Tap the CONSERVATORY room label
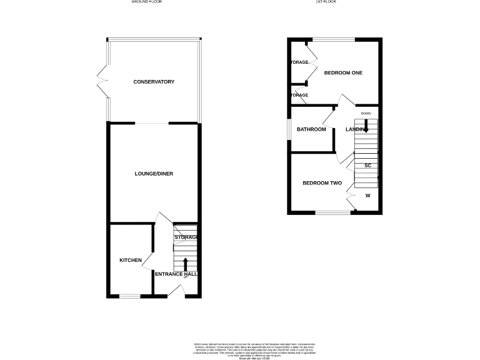pos(154,82)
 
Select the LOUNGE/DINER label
pos(154,174)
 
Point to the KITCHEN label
pos(131,260)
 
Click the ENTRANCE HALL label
pos(176,274)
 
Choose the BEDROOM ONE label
pos(343,73)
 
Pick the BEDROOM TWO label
pos(322,183)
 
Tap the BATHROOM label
pos(311,129)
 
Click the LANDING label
pos(356,129)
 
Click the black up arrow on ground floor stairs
pos(185,264)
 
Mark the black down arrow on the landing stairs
pos(366,125)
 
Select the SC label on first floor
pos(368,165)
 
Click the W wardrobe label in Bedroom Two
pos(367,196)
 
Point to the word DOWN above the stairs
pos(366,113)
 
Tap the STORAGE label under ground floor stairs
pos(186,237)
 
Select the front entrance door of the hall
pos(176,291)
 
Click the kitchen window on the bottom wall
pos(129,296)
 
